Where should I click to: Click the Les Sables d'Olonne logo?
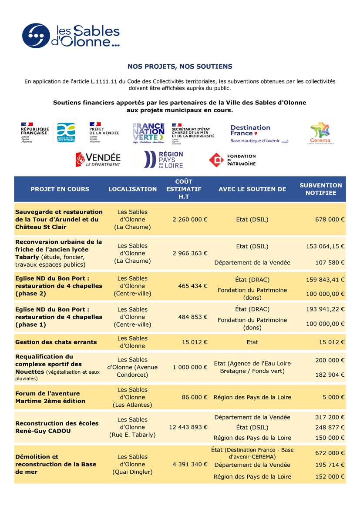pyautogui.click(x=71, y=36)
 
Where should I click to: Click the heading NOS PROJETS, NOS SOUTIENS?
pyautogui.click(x=180, y=67)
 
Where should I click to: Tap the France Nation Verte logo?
pyautogui.click(x=148, y=133)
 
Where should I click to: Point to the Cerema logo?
pyautogui.click(x=320, y=133)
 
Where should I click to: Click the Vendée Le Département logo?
pyautogui.click(x=98, y=160)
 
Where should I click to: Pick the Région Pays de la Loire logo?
pyautogui.click(x=163, y=160)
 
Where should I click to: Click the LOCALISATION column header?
pyautogui.click(x=132, y=189)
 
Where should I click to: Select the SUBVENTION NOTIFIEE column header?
pyautogui.click(x=320, y=189)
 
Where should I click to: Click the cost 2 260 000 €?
pyautogui.click(x=190, y=220)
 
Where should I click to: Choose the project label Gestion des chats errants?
pyautogui.click(x=56, y=342)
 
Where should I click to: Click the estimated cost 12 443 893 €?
pyautogui.click(x=188, y=427)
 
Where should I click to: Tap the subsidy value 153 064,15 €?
pyautogui.click(x=325, y=246)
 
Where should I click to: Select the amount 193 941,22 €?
pyautogui.click(x=325, y=309)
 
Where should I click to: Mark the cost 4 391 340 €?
pyautogui.click(x=190, y=465)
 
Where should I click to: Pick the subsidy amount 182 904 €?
pyautogui.click(x=330, y=375)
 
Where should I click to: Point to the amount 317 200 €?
pyautogui.click(x=330, y=417)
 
